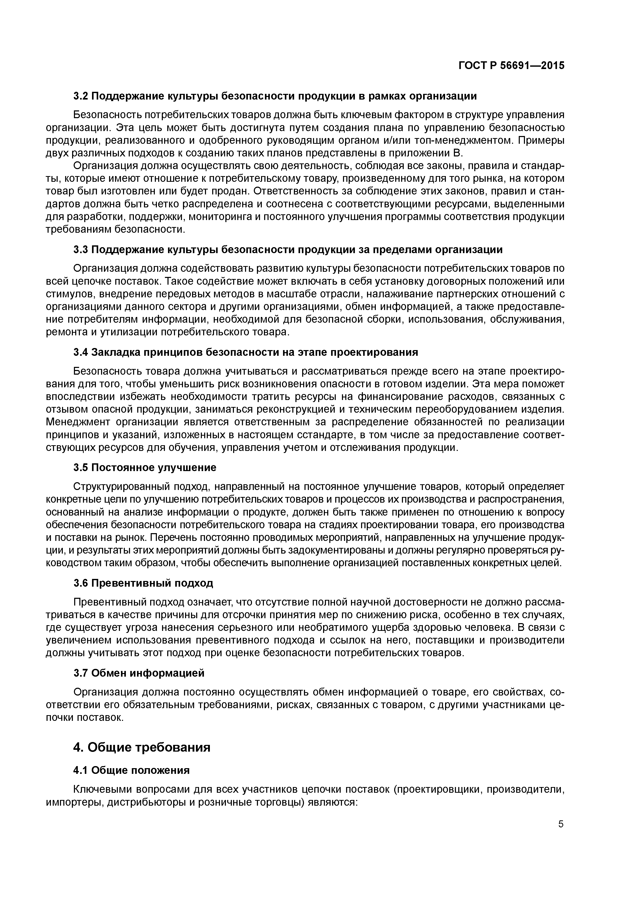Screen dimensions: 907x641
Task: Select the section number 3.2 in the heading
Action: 81,96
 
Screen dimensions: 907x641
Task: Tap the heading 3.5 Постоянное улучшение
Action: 145,468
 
